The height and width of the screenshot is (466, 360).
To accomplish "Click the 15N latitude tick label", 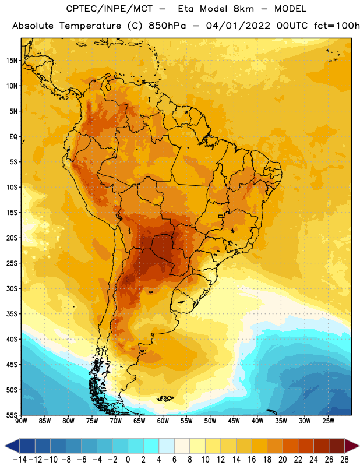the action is coord(12,61).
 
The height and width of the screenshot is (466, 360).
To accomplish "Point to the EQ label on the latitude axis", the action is coord(13,137).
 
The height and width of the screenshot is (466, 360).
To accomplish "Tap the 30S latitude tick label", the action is coord(12,288).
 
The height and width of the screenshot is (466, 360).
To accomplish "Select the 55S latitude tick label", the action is coord(12,415).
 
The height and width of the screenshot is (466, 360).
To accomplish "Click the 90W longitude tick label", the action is coord(21,421).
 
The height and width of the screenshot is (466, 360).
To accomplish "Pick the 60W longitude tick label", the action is coord(163,421).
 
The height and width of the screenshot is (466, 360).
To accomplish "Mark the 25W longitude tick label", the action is coord(328,421).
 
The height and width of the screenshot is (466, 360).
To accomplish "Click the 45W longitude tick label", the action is coord(234,421).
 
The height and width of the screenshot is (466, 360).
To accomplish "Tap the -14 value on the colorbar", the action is coord(20,460).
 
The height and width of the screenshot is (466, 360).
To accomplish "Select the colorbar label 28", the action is coord(344,460).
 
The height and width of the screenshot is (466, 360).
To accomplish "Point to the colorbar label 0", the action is coord(128,460).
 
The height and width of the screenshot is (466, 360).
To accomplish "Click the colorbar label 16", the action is coord(252,460).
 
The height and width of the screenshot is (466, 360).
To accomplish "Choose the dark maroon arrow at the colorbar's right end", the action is coord(351,446).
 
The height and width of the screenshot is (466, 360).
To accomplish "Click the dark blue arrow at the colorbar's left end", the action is coord(12,446).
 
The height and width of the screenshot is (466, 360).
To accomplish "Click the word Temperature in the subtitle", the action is coord(90,26).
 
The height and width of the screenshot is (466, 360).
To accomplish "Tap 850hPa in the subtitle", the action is coord(167,26).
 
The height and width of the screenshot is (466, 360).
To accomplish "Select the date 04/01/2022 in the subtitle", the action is coord(238,26).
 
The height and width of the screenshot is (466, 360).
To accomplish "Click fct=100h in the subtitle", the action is coord(337,26).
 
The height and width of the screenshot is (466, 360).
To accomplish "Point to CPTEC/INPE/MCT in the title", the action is coord(110,9).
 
